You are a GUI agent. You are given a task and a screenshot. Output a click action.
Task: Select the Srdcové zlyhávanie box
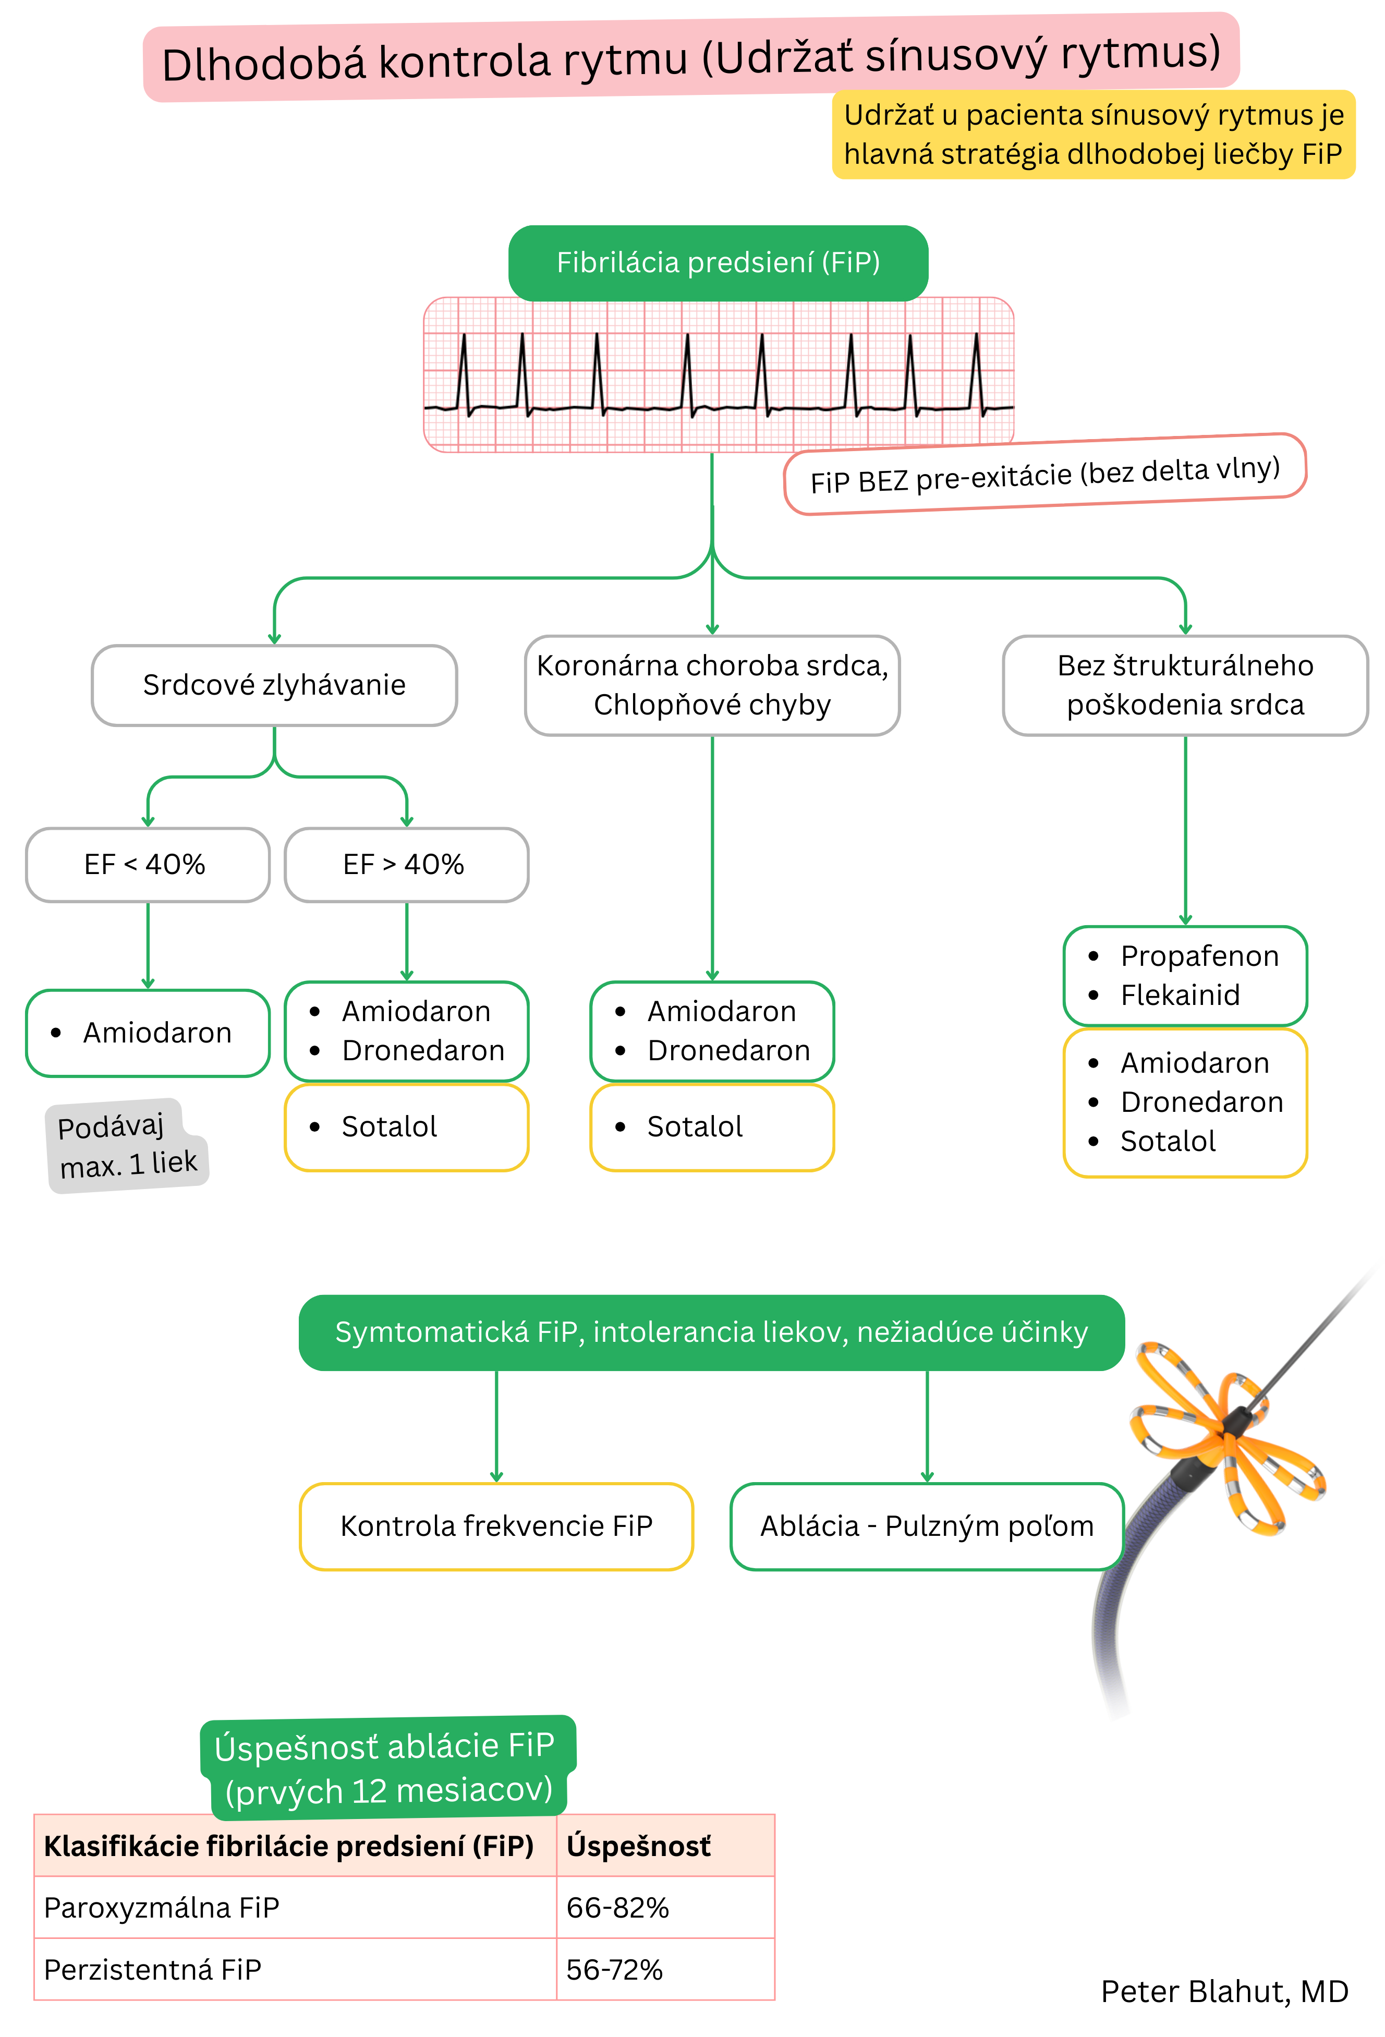[x=274, y=685]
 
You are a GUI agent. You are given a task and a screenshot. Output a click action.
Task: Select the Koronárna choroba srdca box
[x=712, y=685]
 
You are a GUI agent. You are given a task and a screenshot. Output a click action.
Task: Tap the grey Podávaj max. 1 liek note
[x=127, y=1145]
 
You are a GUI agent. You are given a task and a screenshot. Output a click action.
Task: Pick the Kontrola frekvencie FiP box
[x=496, y=1526]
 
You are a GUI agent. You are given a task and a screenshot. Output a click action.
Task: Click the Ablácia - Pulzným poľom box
[x=927, y=1526]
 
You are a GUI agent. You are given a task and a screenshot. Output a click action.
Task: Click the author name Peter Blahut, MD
[x=1224, y=1992]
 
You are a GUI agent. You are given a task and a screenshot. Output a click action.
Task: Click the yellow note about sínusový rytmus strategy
[x=1093, y=134]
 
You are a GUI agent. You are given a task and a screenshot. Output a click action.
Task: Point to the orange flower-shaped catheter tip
[x=1227, y=1437]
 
